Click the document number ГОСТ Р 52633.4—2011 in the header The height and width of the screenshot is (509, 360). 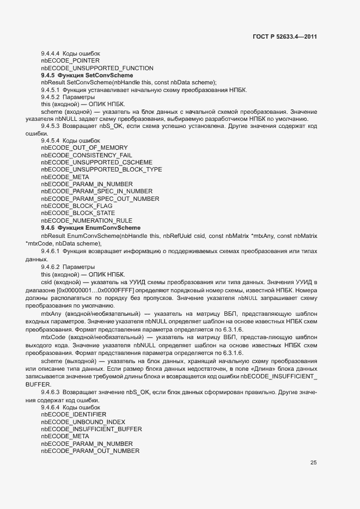point(285,37)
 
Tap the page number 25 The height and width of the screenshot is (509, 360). point(313,463)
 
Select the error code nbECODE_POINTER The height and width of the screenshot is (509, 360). point(67,61)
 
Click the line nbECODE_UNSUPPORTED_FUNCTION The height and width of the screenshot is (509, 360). point(89,68)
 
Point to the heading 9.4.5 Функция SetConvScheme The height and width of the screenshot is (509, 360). point(87,75)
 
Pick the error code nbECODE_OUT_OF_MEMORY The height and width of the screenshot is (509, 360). point(84,148)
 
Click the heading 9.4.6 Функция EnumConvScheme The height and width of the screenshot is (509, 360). point(90,228)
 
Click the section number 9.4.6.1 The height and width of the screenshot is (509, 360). point(50,253)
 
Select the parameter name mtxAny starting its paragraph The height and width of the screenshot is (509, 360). point(50,314)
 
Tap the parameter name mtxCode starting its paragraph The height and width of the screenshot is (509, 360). point(52,338)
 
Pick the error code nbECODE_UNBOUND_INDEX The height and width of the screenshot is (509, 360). point(83,422)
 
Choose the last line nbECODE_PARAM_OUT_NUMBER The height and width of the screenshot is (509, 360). point(90,451)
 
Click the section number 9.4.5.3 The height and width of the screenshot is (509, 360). point(50,126)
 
